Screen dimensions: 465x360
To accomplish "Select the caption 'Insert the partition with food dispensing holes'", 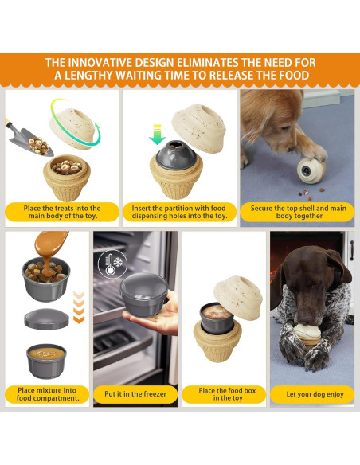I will point(179,211).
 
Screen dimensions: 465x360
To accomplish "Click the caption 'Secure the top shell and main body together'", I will point(298,211).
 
